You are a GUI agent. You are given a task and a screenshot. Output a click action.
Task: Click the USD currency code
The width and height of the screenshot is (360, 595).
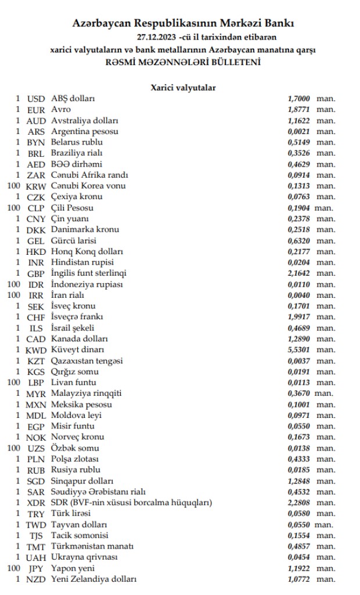point(36,99)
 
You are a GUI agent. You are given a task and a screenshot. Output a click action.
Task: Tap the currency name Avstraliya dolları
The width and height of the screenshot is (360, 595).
point(85,121)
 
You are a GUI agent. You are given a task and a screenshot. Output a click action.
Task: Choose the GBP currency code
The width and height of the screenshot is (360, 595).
point(36,273)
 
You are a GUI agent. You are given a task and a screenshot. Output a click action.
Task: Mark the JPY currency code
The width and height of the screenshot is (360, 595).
point(36,568)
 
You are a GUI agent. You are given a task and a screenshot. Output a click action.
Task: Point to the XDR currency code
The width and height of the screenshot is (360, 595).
point(36,502)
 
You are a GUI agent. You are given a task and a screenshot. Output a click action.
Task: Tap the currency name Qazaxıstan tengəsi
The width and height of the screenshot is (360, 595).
point(87,360)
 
